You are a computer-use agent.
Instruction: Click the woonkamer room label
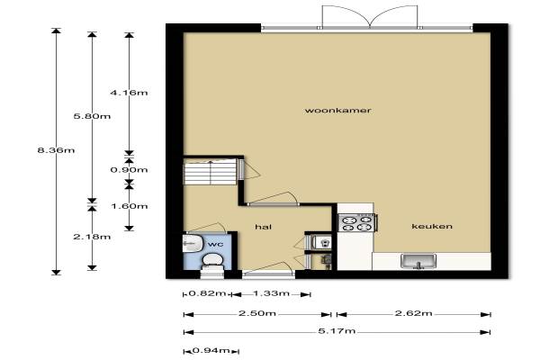(337, 110)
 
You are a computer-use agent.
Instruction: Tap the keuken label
(432, 226)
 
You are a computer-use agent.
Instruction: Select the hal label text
(264, 226)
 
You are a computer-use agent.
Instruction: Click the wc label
(216, 244)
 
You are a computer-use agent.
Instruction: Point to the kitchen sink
(418, 261)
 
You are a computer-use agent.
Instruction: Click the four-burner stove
(357, 222)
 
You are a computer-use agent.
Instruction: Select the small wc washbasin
(192, 243)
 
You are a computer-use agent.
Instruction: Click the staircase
(210, 171)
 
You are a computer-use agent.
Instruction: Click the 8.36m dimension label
(56, 150)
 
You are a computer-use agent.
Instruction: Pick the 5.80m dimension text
(92, 116)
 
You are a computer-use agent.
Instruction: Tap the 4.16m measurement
(129, 93)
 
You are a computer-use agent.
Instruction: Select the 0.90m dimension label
(129, 169)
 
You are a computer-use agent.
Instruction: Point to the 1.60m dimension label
(129, 206)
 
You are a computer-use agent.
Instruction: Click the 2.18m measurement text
(92, 237)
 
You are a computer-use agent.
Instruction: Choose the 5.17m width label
(337, 331)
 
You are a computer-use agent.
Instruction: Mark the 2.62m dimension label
(413, 313)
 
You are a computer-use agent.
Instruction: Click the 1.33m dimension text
(272, 293)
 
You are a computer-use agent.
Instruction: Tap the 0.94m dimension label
(211, 350)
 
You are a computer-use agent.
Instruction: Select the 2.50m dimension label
(257, 313)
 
